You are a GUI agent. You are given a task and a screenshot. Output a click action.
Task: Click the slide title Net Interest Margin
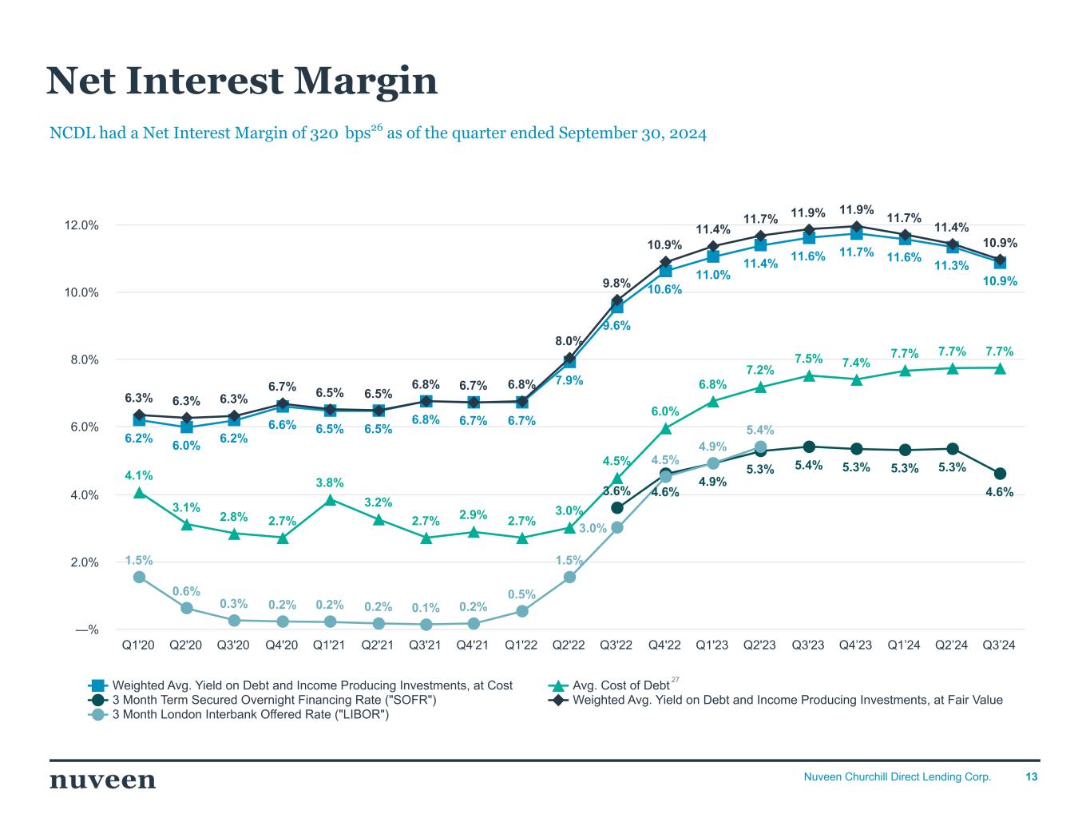(x=242, y=81)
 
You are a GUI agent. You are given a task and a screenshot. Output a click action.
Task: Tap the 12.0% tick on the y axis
(x=82, y=225)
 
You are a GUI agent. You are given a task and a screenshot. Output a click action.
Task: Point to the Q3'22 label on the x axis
(x=616, y=645)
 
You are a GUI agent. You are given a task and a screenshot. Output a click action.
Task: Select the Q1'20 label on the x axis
(x=139, y=645)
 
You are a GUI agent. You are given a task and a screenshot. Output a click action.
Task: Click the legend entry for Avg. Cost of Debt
(x=620, y=685)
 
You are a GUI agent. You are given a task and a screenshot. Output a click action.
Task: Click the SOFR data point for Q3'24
(x=1000, y=474)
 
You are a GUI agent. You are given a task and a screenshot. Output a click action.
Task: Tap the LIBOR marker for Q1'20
(x=139, y=577)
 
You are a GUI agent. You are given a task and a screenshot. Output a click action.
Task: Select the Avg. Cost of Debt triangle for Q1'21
(x=330, y=499)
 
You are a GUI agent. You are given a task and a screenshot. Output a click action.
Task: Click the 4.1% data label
(x=139, y=475)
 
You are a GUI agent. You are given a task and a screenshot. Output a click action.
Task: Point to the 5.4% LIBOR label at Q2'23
(x=760, y=431)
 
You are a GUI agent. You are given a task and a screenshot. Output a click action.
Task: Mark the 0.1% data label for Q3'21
(x=426, y=609)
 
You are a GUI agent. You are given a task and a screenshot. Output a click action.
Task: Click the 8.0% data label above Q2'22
(x=569, y=341)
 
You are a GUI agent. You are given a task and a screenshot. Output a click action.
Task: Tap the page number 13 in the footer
(x=1032, y=776)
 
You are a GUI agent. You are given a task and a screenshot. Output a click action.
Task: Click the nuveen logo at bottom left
(x=102, y=780)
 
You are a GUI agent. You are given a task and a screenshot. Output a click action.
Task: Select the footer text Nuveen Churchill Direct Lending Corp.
(x=897, y=776)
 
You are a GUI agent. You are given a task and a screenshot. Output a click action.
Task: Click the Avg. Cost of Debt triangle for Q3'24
(x=1000, y=367)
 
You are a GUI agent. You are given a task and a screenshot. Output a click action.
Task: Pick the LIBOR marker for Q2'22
(x=569, y=577)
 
